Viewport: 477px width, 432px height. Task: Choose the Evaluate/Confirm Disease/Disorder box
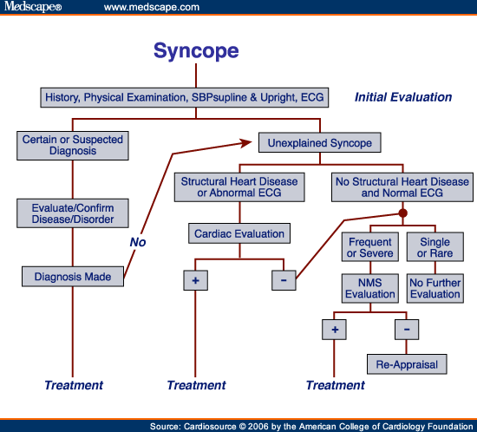[73, 213]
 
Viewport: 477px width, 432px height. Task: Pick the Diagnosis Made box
[73, 277]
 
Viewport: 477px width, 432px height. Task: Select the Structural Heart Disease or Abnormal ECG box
[238, 188]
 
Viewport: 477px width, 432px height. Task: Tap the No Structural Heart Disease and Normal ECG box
[402, 188]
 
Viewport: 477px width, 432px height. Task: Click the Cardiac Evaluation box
[238, 233]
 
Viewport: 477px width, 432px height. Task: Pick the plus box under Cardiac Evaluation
[195, 280]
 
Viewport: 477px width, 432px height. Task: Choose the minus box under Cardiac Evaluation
[284, 280]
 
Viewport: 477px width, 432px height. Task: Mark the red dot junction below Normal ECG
[402, 213]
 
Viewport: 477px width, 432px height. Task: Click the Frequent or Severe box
[369, 247]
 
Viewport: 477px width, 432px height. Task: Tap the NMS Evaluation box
[369, 287]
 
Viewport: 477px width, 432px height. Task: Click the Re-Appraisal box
[407, 363]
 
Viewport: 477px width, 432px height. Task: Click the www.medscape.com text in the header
[151, 8]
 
